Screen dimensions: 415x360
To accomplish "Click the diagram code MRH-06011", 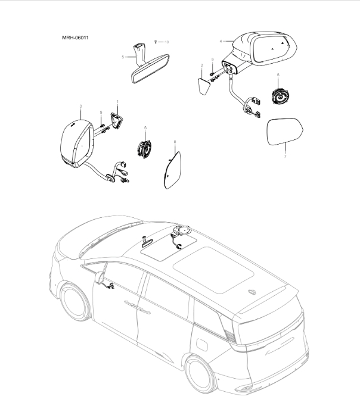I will click(76, 39).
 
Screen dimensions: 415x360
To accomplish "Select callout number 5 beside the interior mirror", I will click(123, 57).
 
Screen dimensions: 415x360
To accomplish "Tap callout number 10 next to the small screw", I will click(167, 42).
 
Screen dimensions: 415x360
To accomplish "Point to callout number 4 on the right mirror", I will click(221, 41).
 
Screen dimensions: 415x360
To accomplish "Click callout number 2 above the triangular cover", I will click(202, 65).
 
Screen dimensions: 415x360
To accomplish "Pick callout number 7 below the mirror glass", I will click(285, 156).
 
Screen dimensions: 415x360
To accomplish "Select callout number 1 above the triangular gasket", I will click(117, 102).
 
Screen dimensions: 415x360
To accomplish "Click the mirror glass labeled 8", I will click(172, 169).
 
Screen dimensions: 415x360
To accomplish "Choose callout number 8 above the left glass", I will click(175, 142).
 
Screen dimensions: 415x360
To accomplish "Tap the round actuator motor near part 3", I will click(144, 148).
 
